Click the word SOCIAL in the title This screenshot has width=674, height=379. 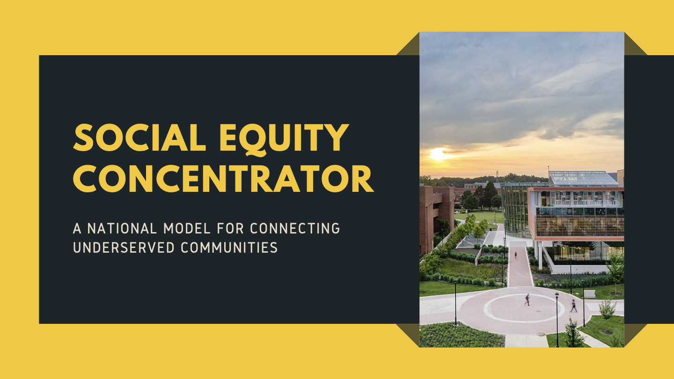(139, 137)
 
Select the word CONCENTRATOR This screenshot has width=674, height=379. (223, 178)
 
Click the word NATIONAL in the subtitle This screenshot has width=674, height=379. (122, 228)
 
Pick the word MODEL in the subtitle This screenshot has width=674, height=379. (187, 228)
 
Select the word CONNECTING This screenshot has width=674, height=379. (295, 228)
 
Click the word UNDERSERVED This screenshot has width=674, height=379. (124, 248)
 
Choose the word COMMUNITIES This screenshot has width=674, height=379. (229, 248)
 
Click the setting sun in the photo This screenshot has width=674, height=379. (438, 153)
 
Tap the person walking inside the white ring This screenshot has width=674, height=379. (527, 300)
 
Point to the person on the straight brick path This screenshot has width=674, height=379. (515, 255)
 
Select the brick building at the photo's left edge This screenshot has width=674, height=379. (437, 217)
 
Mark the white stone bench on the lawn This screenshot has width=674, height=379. (589, 294)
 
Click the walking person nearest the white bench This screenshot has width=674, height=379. (573, 306)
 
